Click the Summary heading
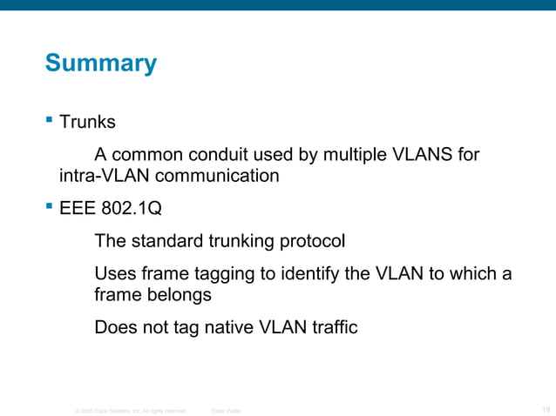(100, 64)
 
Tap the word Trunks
(87, 123)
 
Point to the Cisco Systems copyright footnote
(131, 410)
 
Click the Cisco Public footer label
(227, 410)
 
